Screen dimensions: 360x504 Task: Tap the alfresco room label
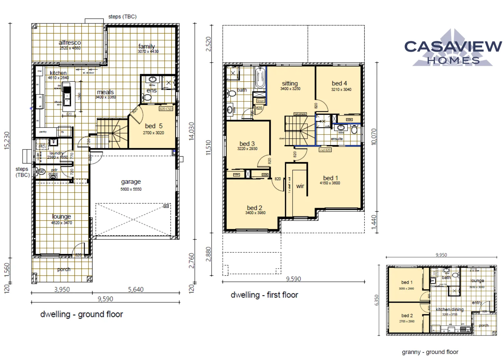tap(70, 43)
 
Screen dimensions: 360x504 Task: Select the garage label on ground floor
tap(131, 182)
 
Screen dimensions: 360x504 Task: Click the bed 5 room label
tap(154, 126)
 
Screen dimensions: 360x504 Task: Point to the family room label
tap(147, 46)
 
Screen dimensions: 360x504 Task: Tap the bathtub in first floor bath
tap(260, 78)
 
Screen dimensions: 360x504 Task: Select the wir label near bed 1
tap(300, 186)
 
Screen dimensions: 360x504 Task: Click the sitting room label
tap(290, 84)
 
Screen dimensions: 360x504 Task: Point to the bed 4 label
tap(339, 83)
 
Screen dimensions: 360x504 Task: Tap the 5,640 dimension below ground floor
tap(136, 289)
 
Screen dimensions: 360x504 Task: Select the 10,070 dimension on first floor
tap(374, 137)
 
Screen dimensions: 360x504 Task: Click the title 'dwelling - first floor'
tap(264, 295)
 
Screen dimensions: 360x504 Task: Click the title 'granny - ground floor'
tap(430, 352)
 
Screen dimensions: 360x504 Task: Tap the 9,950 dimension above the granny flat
tap(441, 255)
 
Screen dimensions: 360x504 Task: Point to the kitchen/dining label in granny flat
tap(450, 310)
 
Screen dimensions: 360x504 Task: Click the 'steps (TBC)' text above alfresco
tap(122, 17)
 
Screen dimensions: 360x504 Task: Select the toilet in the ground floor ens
tap(147, 97)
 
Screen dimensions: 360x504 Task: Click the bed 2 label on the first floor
tap(255, 208)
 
